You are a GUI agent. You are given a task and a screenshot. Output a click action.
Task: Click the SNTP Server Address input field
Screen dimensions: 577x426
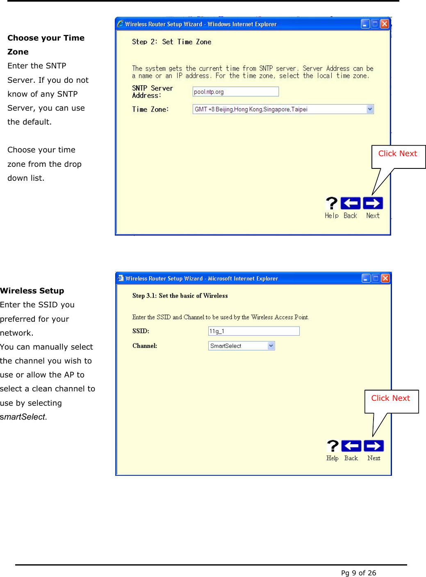click(235, 92)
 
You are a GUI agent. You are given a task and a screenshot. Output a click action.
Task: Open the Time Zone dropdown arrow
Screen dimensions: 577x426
click(370, 109)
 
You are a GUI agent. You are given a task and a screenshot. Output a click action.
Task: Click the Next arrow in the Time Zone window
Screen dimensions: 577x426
click(373, 203)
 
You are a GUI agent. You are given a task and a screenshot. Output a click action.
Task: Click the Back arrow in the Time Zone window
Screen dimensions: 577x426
click(351, 203)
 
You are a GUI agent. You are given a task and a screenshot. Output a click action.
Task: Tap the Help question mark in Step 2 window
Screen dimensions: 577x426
click(331, 203)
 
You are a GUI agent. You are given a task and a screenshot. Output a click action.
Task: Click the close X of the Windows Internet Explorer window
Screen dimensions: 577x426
click(385, 24)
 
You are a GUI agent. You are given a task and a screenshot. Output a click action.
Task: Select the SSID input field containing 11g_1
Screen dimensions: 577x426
click(254, 331)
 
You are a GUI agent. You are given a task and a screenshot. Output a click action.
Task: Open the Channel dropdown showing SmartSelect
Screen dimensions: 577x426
click(271, 346)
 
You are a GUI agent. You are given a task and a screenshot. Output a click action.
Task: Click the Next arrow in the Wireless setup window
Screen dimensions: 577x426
click(374, 446)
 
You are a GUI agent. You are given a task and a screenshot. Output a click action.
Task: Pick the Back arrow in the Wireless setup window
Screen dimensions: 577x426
click(351, 446)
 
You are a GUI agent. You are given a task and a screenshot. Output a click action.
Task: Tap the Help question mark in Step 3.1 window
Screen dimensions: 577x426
click(333, 446)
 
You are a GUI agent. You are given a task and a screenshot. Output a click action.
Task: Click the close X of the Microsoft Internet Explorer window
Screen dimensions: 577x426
click(385, 279)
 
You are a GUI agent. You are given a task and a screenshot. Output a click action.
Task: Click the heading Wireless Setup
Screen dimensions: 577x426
click(32, 291)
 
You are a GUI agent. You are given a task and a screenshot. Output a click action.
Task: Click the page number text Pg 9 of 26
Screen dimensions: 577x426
click(358, 573)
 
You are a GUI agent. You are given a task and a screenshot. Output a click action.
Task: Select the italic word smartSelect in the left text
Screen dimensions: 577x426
click(23, 417)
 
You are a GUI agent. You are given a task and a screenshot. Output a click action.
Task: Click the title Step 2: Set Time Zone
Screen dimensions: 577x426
click(171, 42)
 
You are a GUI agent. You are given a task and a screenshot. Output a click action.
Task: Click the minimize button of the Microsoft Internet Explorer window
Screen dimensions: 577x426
click(366, 279)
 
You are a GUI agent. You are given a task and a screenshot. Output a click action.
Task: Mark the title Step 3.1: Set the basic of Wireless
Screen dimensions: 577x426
click(180, 296)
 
